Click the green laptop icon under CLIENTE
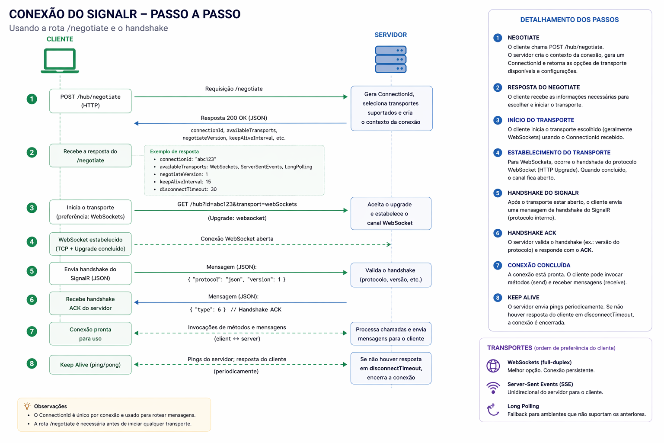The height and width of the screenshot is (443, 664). pyautogui.click(x=60, y=61)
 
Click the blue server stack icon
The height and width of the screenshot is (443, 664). pyautogui.click(x=391, y=59)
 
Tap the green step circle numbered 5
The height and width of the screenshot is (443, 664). pyautogui.click(x=32, y=271)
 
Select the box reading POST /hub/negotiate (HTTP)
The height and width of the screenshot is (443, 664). pyautogui.click(x=90, y=101)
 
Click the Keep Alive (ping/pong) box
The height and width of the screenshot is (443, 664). pyautogui.click(x=90, y=365)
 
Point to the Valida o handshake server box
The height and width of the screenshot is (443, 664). pyautogui.click(x=391, y=275)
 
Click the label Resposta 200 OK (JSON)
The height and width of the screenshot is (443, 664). pyautogui.click(x=234, y=118)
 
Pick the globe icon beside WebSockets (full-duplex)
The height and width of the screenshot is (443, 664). pyautogui.click(x=493, y=366)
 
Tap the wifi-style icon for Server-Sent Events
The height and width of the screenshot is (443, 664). pyautogui.click(x=493, y=388)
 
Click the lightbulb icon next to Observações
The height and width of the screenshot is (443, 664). pyautogui.click(x=27, y=406)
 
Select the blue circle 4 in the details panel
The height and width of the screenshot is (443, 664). pyautogui.click(x=498, y=153)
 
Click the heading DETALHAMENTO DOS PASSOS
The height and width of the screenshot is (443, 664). pyautogui.click(x=569, y=19)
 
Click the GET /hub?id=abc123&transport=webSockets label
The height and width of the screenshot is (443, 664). pyautogui.click(x=237, y=204)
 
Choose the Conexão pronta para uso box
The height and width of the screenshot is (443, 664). pyautogui.click(x=90, y=334)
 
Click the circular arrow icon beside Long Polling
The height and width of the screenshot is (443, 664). pyautogui.click(x=493, y=410)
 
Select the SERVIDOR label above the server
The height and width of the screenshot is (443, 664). pyautogui.click(x=391, y=35)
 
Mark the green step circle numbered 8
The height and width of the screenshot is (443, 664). pyautogui.click(x=32, y=363)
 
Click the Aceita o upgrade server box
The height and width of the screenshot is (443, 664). pyautogui.click(x=391, y=213)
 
